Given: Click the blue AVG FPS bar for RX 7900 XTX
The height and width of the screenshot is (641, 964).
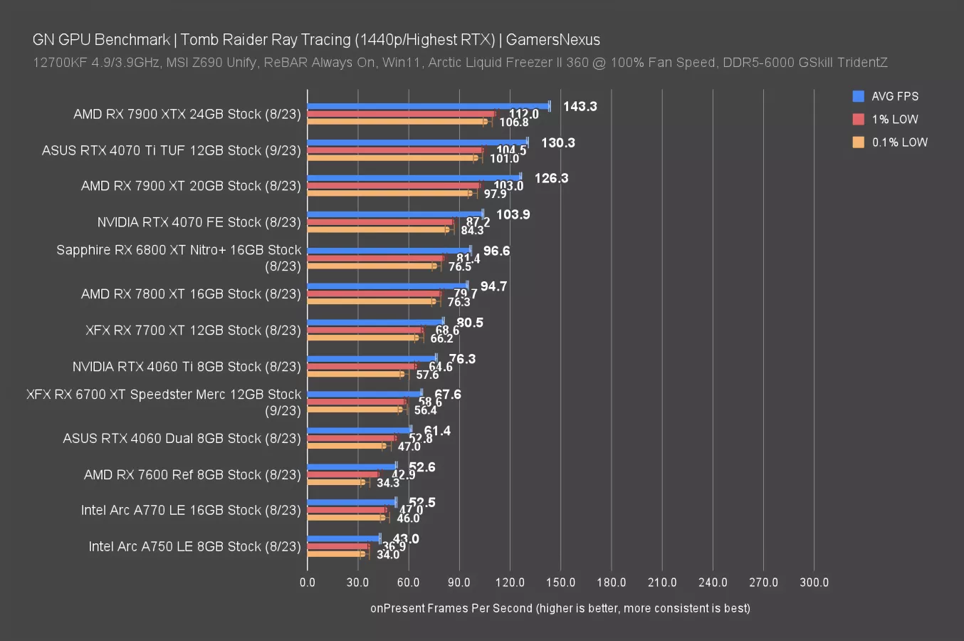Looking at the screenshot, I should pos(427,106).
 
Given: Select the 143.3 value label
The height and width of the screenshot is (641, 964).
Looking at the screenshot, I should pos(580,107).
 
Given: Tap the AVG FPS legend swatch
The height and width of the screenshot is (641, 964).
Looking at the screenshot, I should pos(859,96).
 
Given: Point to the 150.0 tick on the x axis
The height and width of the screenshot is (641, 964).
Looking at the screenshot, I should pos(560,583).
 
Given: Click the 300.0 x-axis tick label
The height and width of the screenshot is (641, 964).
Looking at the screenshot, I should pos(814,583).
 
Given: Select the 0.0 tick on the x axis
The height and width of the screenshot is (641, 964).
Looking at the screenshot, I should pos(308,583).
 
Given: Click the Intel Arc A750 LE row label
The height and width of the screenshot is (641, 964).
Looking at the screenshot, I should pos(194,546).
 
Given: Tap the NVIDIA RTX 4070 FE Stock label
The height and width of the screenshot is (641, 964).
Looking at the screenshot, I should pos(199,222).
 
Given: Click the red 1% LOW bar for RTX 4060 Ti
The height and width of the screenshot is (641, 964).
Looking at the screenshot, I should pos(362,366).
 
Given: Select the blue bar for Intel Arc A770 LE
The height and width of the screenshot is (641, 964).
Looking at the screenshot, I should pos(352,502).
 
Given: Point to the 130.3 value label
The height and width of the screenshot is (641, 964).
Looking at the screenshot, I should pos(557,143).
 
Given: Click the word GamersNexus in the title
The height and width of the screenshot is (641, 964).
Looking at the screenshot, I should pos(552,40).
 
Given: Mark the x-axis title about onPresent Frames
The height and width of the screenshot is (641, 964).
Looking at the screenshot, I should pos(560,608).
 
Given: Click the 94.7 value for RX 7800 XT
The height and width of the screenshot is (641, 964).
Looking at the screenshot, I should pos(493,286).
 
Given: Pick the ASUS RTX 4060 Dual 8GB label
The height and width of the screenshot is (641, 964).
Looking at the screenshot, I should pos(182,438).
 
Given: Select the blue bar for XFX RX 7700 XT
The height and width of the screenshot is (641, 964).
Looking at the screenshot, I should pos(375,322).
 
